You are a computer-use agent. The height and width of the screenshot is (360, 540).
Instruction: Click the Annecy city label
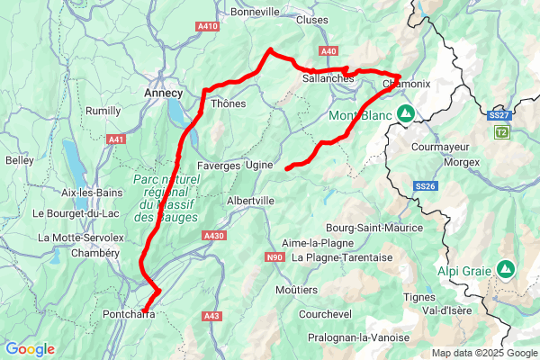tap(163, 93)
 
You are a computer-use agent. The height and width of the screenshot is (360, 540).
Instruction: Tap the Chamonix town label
tap(407, 84)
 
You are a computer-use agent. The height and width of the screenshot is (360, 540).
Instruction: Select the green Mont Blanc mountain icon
tap(406, 113)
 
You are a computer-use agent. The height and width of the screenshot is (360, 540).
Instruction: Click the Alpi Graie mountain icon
tap(506, 268)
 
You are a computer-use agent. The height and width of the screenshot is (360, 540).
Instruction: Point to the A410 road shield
tap(208, 27)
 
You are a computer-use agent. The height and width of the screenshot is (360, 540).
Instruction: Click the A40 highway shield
tap(328, 51)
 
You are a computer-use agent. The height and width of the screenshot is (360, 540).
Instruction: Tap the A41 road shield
tap(116, 139)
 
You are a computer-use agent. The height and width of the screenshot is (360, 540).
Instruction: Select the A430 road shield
tap(213, 236)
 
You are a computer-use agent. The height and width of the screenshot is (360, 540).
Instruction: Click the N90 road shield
tap(274, 257)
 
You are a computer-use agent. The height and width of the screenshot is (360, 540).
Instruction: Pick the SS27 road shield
tap(499, 115)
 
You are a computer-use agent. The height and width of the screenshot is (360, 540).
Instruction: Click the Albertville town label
tap(250, 201)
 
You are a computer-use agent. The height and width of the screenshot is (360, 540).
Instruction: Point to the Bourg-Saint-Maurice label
tap(374, 229)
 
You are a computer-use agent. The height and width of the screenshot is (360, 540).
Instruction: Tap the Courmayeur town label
tap(440, 146)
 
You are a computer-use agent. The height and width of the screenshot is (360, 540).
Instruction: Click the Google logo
tap(30, 349)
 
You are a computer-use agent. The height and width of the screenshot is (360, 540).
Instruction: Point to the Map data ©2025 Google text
tap(484, 353)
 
